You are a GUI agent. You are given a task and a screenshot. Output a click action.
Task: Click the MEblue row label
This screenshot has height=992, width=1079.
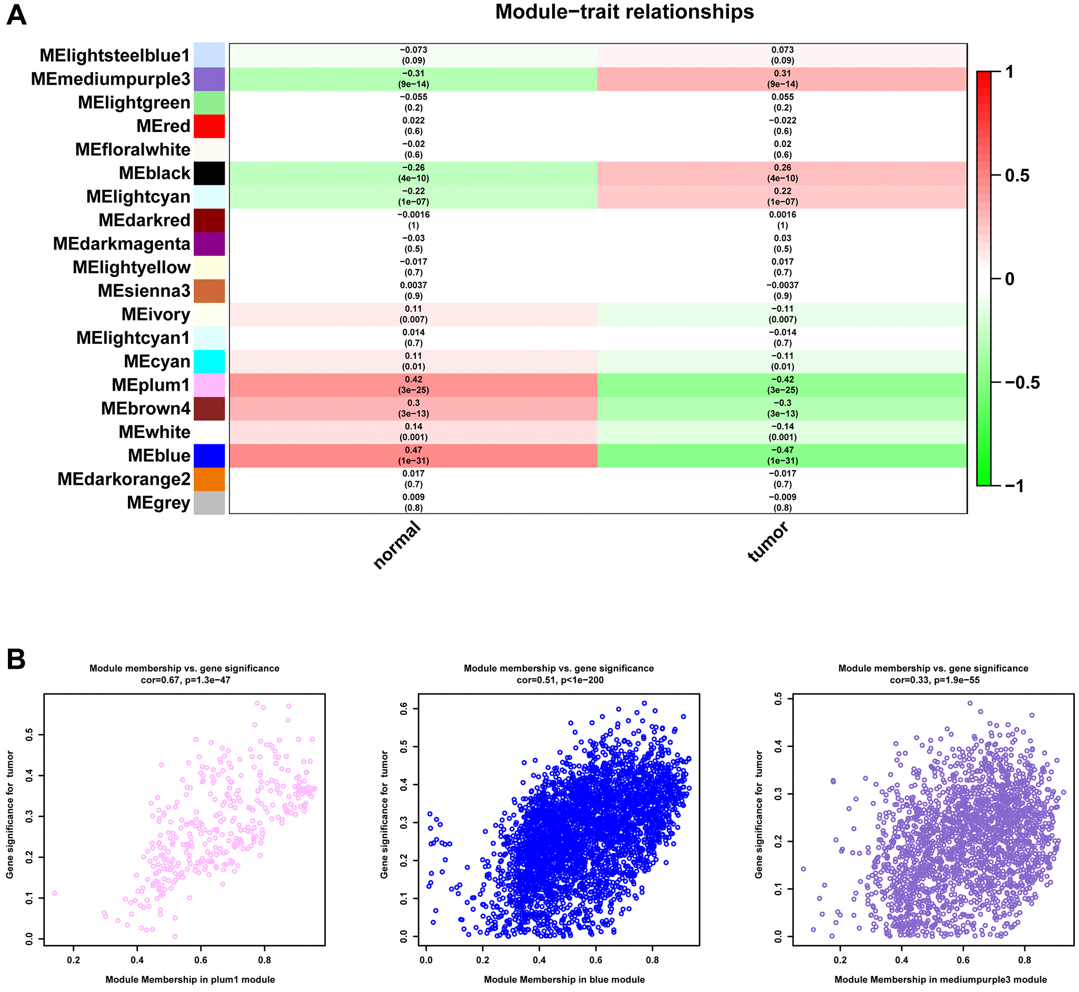coord(159,456)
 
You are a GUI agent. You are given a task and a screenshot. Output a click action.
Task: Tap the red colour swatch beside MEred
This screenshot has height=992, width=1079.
coord(209,126)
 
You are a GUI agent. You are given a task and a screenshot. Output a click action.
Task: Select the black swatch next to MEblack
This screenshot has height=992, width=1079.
coord(209,173)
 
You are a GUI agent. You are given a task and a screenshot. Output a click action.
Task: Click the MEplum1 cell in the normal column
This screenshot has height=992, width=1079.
coord(413,385)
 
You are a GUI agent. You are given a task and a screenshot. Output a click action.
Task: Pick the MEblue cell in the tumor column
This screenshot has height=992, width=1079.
coord(782,456)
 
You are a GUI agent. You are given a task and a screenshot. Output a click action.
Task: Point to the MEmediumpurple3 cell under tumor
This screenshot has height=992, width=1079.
coord(782,79)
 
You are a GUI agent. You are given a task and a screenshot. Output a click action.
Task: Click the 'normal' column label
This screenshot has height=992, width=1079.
coord(397,545)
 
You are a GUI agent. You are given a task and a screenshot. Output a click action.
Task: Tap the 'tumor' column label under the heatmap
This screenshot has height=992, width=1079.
coord(768,542)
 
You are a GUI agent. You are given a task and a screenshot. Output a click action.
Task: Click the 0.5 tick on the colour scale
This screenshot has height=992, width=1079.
coord(1017,175)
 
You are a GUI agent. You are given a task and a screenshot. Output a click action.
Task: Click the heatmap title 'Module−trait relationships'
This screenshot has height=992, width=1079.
coord(624,12)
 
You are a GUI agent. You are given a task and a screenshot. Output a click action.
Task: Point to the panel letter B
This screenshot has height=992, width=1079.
coord(16,659)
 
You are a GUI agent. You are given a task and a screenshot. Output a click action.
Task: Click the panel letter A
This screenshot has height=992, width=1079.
coord(16,15)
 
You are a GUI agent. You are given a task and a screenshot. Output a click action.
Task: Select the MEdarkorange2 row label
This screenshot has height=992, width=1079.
coord(124,479)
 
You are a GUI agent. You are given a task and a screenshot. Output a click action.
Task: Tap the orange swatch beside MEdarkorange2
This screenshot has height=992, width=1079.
coord(209,479)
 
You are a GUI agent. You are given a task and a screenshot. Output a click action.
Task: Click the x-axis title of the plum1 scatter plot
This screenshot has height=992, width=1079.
coord(190,980)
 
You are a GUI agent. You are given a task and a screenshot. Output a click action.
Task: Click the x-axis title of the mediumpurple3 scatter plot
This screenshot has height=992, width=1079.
coord(941,980)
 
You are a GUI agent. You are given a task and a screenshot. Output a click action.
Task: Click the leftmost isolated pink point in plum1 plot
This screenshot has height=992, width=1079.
coord(54,893)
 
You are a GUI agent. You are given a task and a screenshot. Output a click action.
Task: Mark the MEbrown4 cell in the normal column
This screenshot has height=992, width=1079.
coord(413,409)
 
